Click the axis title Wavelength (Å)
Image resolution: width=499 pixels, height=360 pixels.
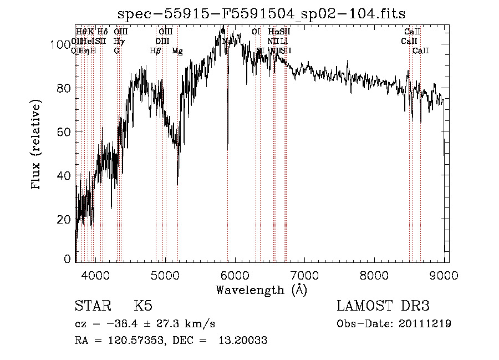(262, 290)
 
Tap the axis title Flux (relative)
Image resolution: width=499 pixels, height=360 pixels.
(37, 145)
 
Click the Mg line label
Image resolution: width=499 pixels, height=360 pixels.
(177, 51)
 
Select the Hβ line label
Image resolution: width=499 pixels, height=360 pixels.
(156, 51)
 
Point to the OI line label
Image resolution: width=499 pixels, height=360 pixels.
(256, 32)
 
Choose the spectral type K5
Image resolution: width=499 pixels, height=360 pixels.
(143, 306)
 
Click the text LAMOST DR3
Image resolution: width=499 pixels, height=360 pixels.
(383, 306)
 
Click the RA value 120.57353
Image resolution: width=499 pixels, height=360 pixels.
(128, 340)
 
